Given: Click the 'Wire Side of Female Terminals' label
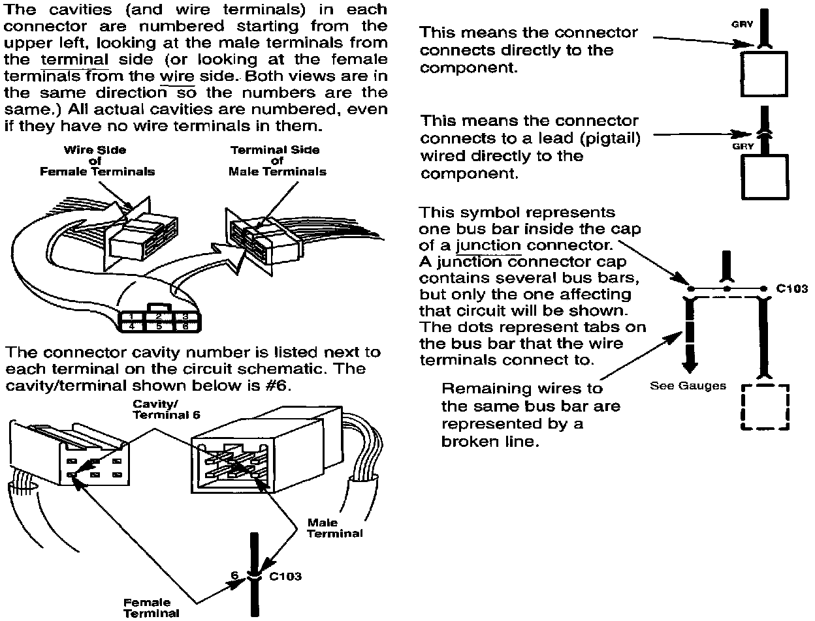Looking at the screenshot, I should [x=97, y=160].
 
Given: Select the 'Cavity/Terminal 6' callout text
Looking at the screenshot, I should [x=166, y=409].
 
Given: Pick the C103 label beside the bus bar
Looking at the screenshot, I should [x=792, y=288].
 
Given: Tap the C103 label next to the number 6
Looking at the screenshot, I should [x=285, y=577].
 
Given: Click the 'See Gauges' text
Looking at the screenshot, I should [x=687, y=386].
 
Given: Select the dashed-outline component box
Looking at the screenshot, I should [x=765, y=407].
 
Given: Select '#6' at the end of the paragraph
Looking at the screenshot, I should [x=280, y=386].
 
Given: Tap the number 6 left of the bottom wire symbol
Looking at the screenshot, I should [x=234, y=576].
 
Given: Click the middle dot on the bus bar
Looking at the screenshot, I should [x=726, y=288].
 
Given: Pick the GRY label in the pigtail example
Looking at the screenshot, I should [x=743, y=146].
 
